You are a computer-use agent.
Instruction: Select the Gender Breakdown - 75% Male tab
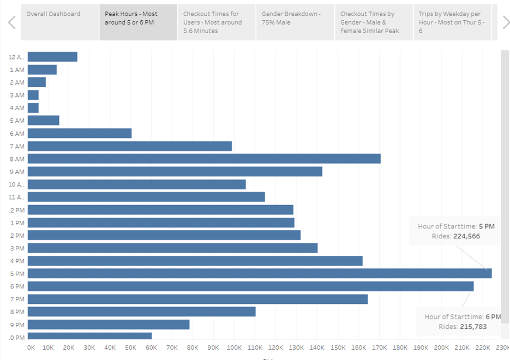pyautogui.click(x=295, y=22)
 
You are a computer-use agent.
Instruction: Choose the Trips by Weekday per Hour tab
pyautogui.click(x=452, y=22)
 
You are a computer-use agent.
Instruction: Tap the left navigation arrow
pyautogui.click(x=11, y=22)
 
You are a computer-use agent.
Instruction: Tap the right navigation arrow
pyautogui.click(x=506, y=22)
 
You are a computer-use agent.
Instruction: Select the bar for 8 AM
pyautogui.click(x=204, y=159)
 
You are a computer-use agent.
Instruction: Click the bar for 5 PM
pyautogui.click(x=260, y=273)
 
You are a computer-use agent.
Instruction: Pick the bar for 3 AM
pyautogui.click(x=33, y=95)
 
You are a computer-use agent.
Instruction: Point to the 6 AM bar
pyautogui.click(x=80, y=133)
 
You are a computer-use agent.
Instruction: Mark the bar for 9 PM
pyautogui.click(x=109, y=325)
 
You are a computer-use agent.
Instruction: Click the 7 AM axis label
pyautogui.click(x=16, y=146)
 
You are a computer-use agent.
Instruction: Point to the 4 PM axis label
pyautogui.click(x=16, y=261)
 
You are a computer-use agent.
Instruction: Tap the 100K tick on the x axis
pyautogui.click(x=234, y=347)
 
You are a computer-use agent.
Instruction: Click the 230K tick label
pyautogui.click(x=503, y=347)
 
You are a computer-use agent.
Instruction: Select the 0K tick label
pyautogui.click(x=31, y=347)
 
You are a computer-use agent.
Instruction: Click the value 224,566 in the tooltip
pyautogui.click(x=466, y=236)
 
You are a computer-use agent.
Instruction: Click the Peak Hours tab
pyautogui.click(x=138, y=22)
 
